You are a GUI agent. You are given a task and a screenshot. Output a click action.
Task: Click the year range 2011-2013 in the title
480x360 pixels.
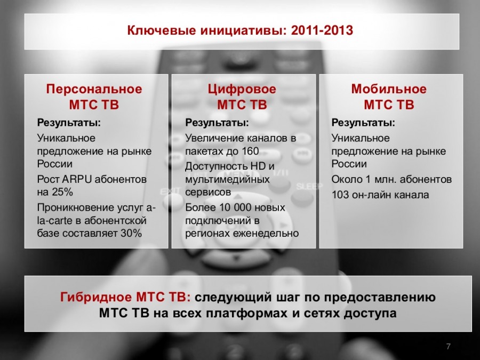pos(322,30)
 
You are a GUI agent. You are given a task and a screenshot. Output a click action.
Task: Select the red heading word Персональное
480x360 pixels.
pos(94,89)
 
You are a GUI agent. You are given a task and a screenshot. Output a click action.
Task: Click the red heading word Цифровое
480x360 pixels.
pos(242,89)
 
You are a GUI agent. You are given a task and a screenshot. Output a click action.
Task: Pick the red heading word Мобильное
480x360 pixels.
pos(389,89)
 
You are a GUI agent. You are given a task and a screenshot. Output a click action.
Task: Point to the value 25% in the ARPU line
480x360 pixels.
pos(62,192)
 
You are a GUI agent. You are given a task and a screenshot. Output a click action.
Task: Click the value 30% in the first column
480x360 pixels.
pos(131,233)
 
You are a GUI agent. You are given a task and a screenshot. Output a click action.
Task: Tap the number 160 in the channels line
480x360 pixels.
pos(250,151)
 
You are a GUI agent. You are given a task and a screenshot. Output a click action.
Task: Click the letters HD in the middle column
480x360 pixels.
pos(258,166)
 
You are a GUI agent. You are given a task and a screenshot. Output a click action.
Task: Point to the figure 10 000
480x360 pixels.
pos(235,207)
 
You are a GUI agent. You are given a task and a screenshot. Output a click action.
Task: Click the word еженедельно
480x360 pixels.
pos(266,233)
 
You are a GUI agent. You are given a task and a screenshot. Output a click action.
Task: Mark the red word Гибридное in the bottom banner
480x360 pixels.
pos(96,297)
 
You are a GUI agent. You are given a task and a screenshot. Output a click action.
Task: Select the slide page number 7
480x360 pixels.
pos(449,347)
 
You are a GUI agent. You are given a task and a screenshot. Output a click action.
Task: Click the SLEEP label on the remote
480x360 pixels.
pos(309,186)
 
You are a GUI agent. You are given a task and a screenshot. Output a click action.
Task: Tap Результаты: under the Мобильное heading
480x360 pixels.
pos(363,123)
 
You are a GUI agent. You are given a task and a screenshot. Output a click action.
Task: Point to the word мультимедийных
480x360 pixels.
pos(227,179)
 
